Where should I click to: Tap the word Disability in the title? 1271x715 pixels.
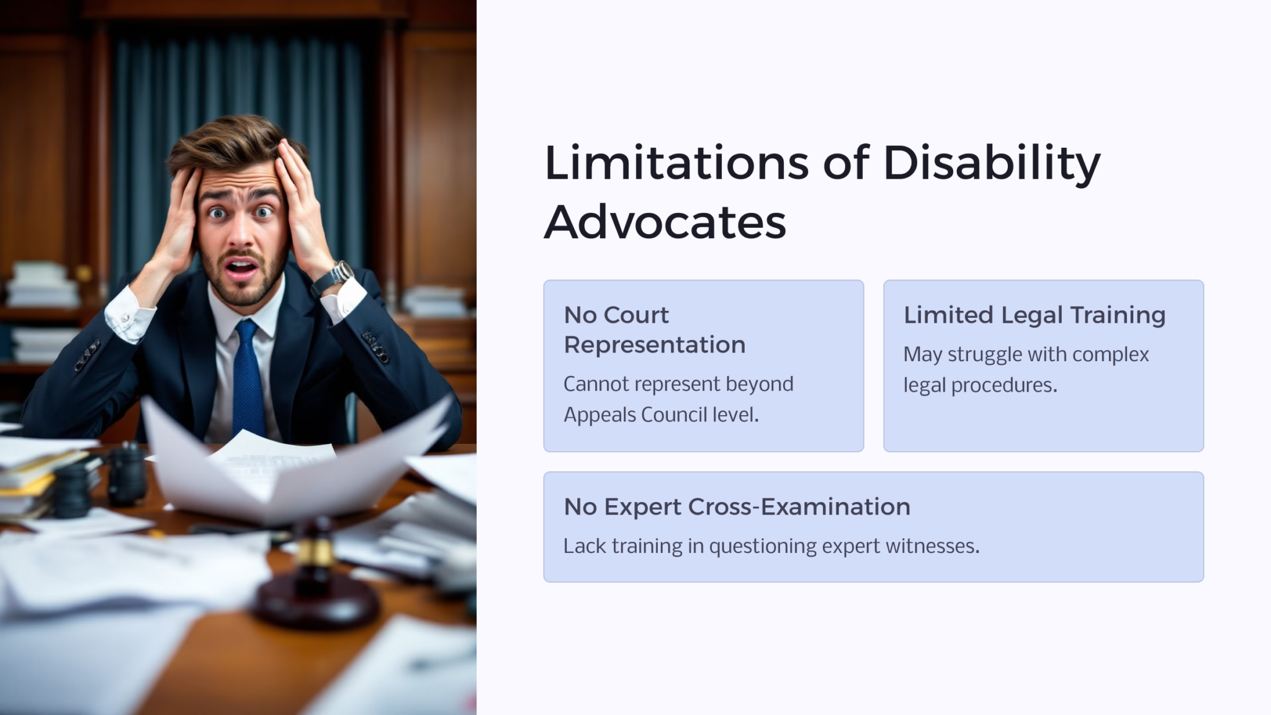[991, 163]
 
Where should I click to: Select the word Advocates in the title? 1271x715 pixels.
[665, 222]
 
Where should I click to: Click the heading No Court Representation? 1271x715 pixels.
[654, 330]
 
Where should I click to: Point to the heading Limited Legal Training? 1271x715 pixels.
[1034, 315]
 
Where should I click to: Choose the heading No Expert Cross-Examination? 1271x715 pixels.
[737, 507]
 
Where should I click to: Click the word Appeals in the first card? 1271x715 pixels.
[599, 415]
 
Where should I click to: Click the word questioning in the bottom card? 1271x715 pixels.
[763, 546]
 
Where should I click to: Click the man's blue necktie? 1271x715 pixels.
[248, 379]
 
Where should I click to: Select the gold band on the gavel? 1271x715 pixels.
[315, 551]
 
